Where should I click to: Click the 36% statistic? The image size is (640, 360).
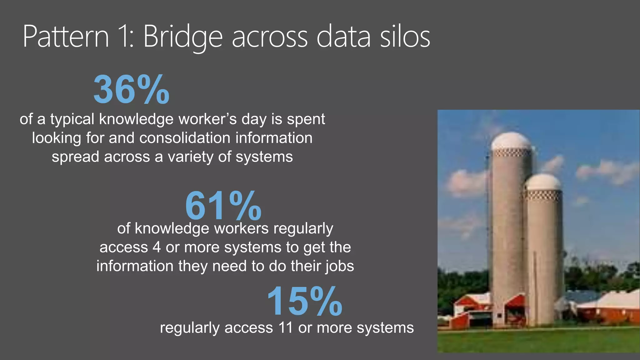click(131, 90)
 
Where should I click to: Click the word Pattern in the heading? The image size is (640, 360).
click(66, 37)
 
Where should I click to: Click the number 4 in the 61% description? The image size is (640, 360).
click(157, 247)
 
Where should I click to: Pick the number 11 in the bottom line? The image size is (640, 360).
click(283, 328)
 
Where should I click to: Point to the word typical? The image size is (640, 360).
click(72, 119)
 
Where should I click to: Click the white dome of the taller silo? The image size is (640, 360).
click(511, 141)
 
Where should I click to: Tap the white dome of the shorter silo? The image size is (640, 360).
click(543, 182)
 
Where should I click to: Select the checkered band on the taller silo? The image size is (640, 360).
click(511, 153)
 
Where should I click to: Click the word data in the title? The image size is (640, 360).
click(343, 37)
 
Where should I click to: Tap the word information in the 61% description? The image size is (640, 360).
click(135, 266)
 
